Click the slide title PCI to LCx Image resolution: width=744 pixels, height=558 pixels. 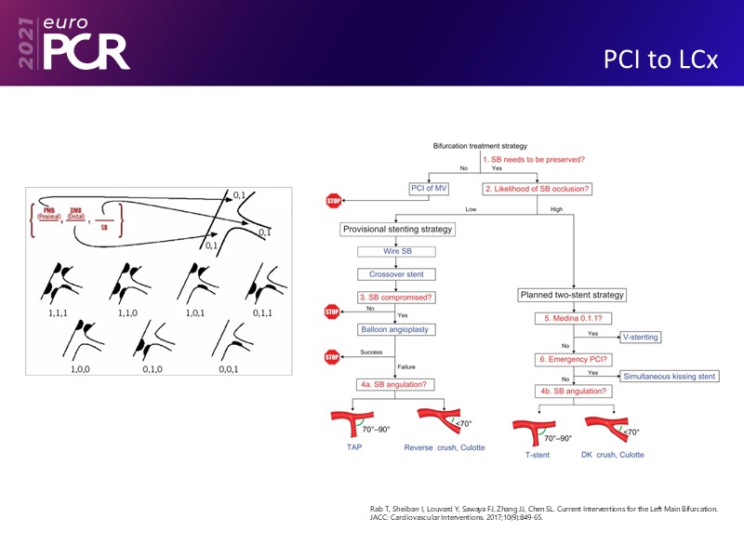tap(660, 60)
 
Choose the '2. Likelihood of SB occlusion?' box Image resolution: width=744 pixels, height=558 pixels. tap(538, 189)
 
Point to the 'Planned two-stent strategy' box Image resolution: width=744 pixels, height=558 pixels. tap(571, 295)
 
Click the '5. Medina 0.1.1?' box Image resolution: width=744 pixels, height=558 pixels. tap(571, 318)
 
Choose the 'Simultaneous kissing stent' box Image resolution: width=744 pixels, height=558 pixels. tap(668, 376)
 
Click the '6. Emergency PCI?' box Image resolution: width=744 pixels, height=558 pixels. tap(571, 360)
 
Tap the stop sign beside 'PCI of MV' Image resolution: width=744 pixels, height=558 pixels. tap(334, 200)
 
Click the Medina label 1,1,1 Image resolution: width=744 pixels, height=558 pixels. tap(65, 313)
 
